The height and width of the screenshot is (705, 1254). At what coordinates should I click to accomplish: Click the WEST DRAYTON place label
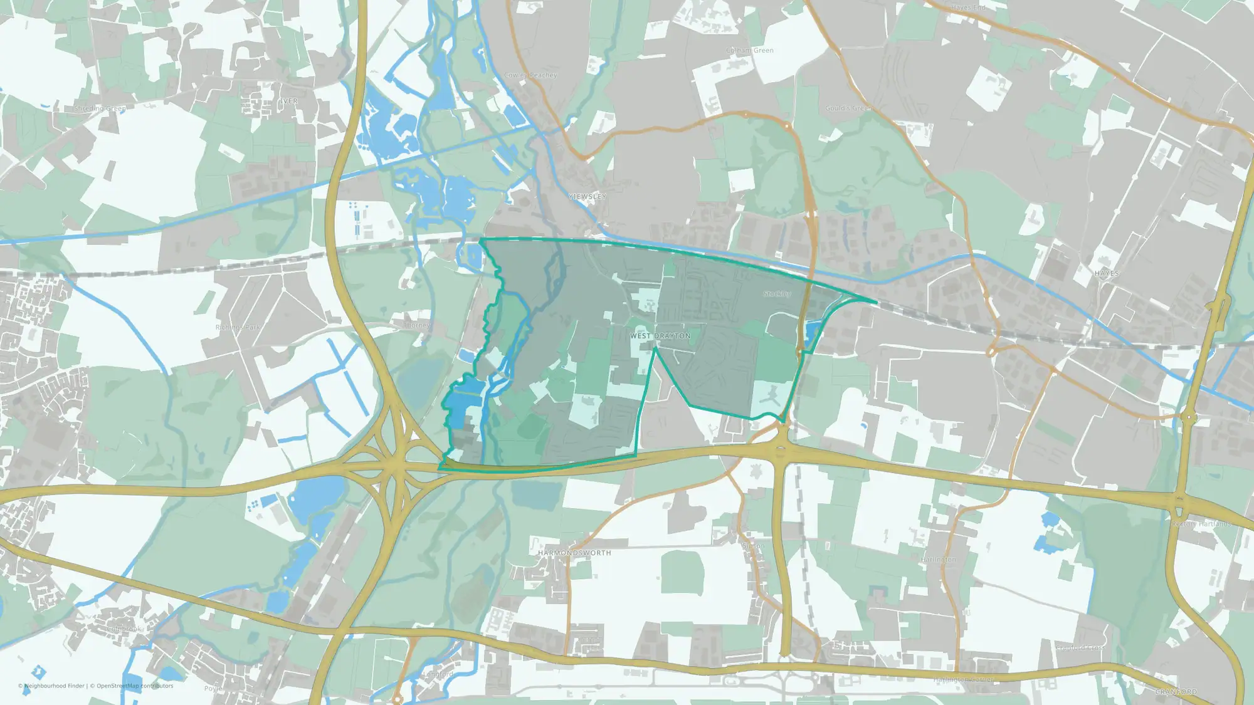[660, 336]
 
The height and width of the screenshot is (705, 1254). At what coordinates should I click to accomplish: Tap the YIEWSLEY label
[587, 197]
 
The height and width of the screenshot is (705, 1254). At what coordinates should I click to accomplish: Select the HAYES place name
[1107, 274]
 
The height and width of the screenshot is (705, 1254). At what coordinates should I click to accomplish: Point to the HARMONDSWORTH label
[574, 553]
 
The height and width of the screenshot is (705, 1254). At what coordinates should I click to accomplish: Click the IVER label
[288, 102]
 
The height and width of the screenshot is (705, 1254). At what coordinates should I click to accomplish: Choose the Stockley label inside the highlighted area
[777, 294]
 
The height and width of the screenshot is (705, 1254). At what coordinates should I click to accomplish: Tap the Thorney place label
[417, 326]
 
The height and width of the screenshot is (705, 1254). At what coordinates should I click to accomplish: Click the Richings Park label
[238, 328]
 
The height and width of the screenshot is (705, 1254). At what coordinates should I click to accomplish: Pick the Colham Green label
[750, 50]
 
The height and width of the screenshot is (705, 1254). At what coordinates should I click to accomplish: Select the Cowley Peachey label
[530, 75]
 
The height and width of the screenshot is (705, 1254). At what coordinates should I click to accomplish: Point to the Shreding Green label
[100, 109]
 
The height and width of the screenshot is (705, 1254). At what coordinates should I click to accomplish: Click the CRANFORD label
[1176, 692]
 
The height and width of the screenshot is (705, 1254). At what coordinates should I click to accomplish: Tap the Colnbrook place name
[124, 629]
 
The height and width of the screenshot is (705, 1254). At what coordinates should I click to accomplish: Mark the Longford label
[438, 675]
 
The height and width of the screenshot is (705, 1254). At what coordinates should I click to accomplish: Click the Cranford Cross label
[1080, 648]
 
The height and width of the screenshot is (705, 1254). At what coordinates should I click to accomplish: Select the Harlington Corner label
[963, 680]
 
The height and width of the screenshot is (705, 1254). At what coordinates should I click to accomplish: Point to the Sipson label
[753, 546]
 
